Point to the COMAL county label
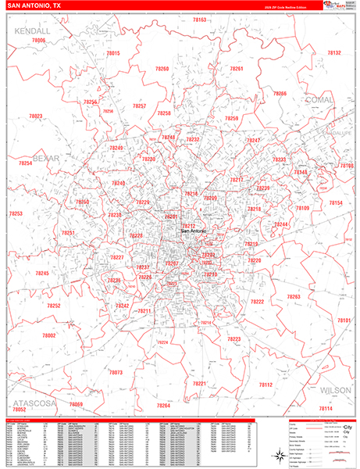click(321, 101)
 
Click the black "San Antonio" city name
click(195, 231)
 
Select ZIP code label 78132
click(333, 53)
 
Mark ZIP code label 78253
click(16, 213)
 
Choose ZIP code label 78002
click(49, 335)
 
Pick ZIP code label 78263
click(294, 297)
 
